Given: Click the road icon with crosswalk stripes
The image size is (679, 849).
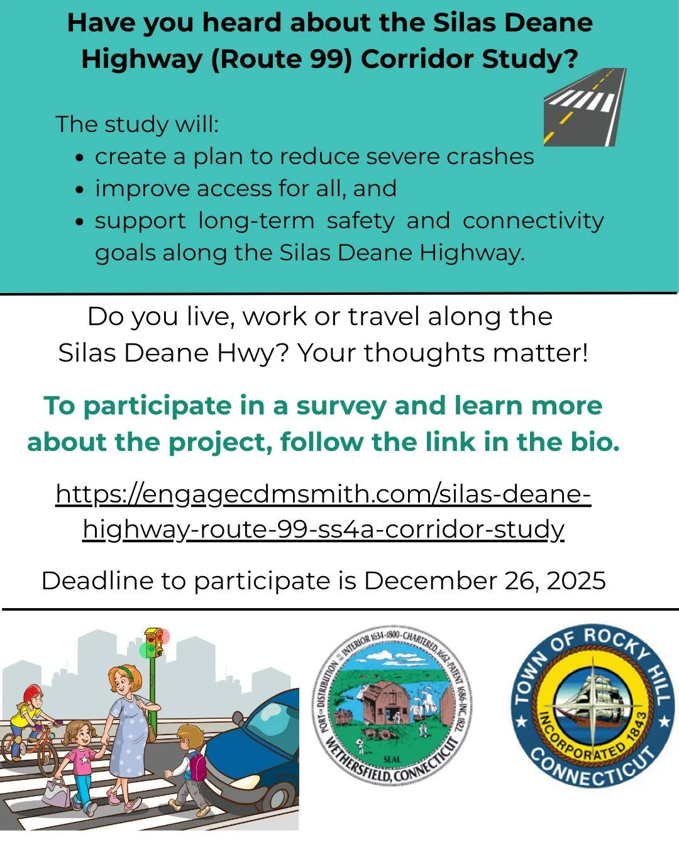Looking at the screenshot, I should tap(585, 107).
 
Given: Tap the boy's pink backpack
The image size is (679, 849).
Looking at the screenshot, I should tap(197, 765).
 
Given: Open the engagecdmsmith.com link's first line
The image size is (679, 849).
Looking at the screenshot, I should tap(323, 494).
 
